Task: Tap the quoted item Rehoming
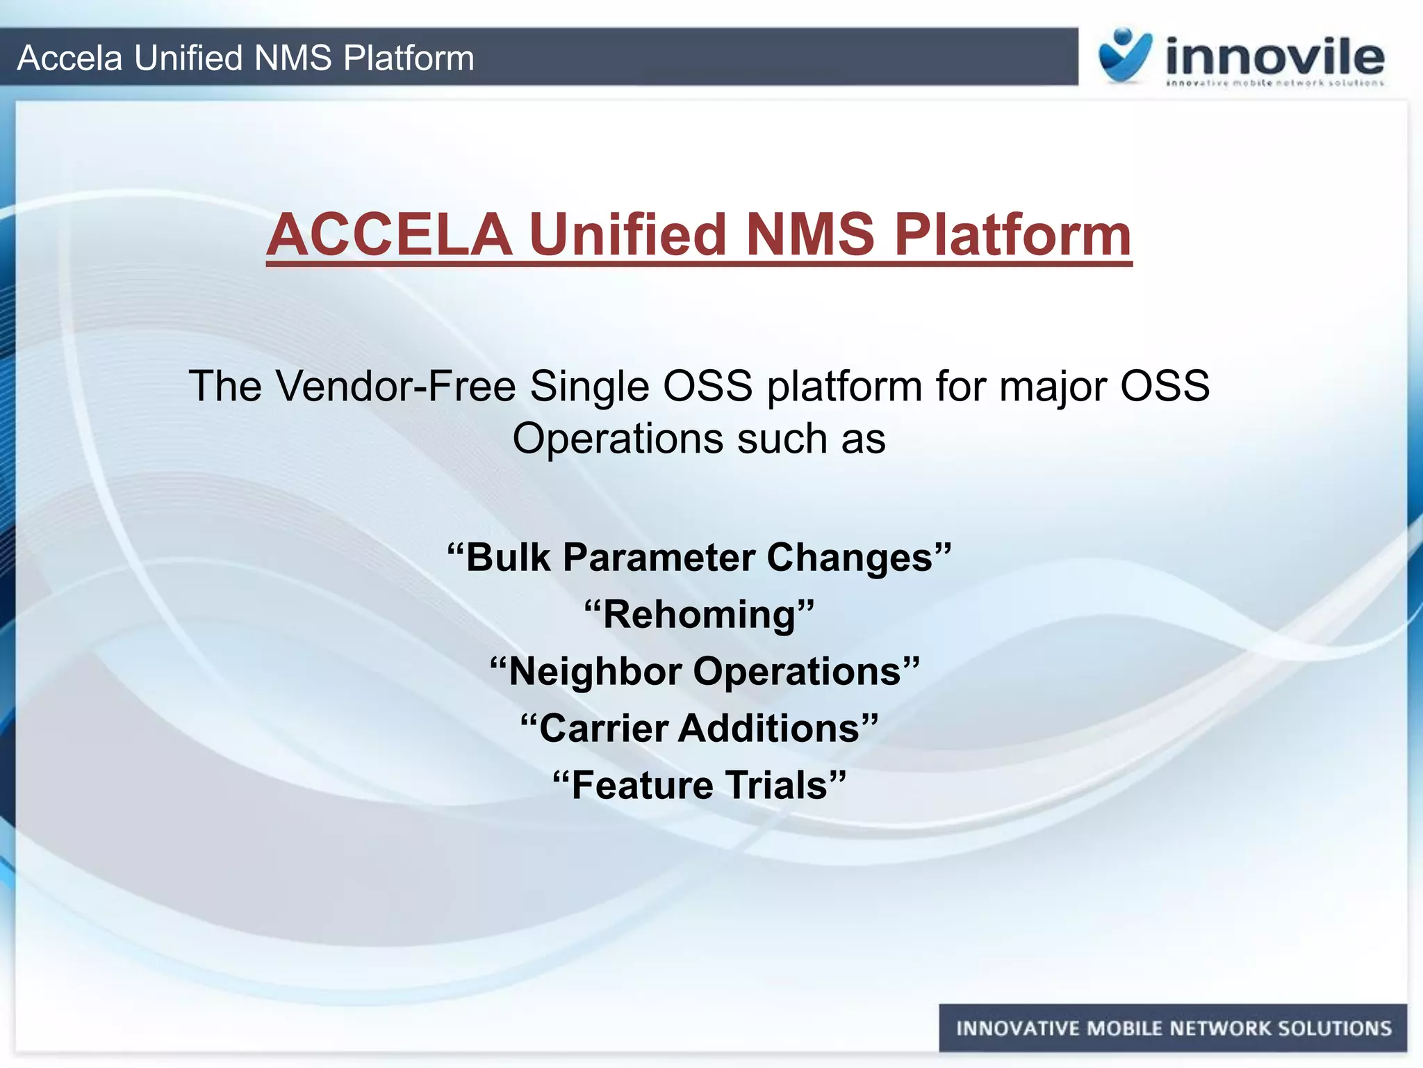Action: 698,615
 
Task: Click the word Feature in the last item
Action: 642,786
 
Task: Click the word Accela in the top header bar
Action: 69,58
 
